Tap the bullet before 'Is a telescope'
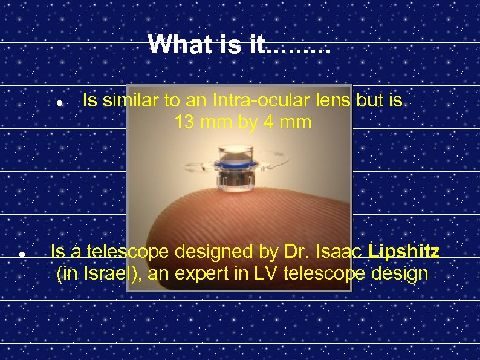pos(21,254)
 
